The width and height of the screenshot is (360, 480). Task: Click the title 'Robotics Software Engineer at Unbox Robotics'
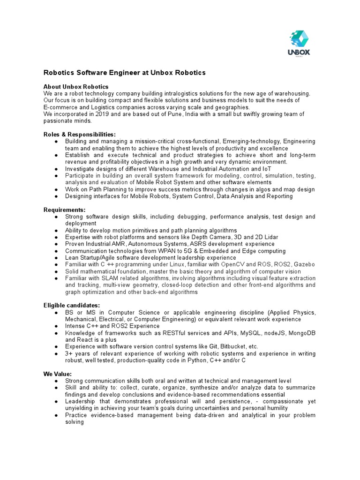point(124,73)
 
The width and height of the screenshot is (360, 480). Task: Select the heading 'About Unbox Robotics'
point(76,87)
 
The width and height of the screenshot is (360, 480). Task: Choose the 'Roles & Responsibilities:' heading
point(79,135)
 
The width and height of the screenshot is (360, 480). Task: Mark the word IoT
point(266,169)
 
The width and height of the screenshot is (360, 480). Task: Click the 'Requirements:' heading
point(65,210)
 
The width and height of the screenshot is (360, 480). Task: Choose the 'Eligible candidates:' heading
point(72,306)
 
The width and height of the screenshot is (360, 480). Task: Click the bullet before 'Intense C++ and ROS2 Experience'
point(56,326)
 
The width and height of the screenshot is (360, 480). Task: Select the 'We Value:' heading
point(58,374)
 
